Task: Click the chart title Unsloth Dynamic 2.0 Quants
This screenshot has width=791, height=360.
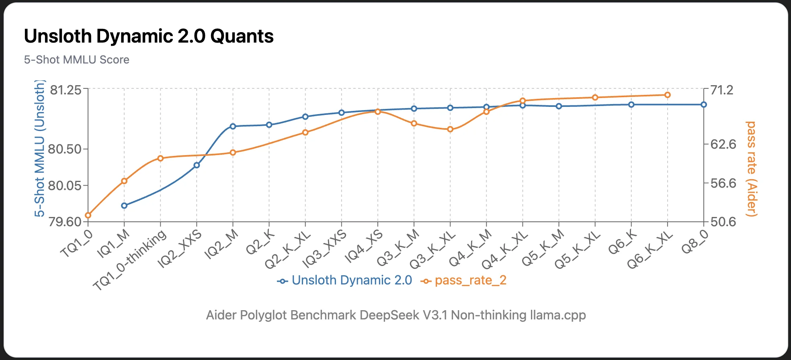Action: point(149,36)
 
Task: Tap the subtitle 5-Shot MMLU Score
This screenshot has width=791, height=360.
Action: point(76,60)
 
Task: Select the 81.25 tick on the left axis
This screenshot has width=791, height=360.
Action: point(65,90)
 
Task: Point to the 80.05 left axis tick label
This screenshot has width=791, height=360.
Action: point(64,186)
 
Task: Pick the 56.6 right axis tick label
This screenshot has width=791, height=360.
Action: point(723,183)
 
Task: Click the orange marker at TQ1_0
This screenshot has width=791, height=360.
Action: point(88,215)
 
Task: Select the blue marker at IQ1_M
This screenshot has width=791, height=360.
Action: point(124,206)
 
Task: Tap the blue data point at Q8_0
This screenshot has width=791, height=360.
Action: point(704,104)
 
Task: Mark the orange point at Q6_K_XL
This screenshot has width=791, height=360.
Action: point(668,95)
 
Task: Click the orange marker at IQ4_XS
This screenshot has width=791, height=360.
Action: point(378,112)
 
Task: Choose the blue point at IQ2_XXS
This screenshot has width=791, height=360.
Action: point(197,165)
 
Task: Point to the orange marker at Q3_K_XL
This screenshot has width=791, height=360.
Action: point(450,129)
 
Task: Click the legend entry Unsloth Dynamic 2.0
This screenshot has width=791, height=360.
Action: point(351,280)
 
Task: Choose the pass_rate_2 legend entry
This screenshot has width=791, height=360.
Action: point(470,280)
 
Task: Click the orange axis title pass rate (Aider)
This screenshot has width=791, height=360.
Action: point(751,169)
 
